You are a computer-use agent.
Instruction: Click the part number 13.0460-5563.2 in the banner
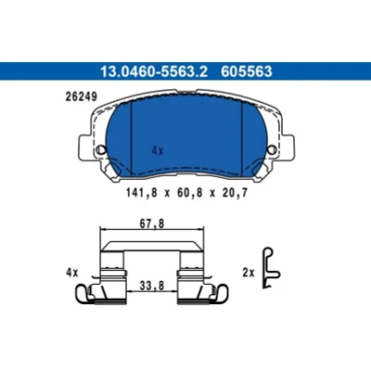tap(153, 71)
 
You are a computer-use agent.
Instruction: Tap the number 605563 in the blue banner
tap(247, 71)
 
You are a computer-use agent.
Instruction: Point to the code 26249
tap(82, 96)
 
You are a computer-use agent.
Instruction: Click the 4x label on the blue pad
tap(158, 151)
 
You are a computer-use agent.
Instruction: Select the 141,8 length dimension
tap(142, 193)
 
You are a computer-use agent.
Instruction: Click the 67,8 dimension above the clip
tap(151, 224)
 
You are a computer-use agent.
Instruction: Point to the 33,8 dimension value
tap(151, 286)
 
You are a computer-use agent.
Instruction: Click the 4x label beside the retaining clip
tap(72, 273)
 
